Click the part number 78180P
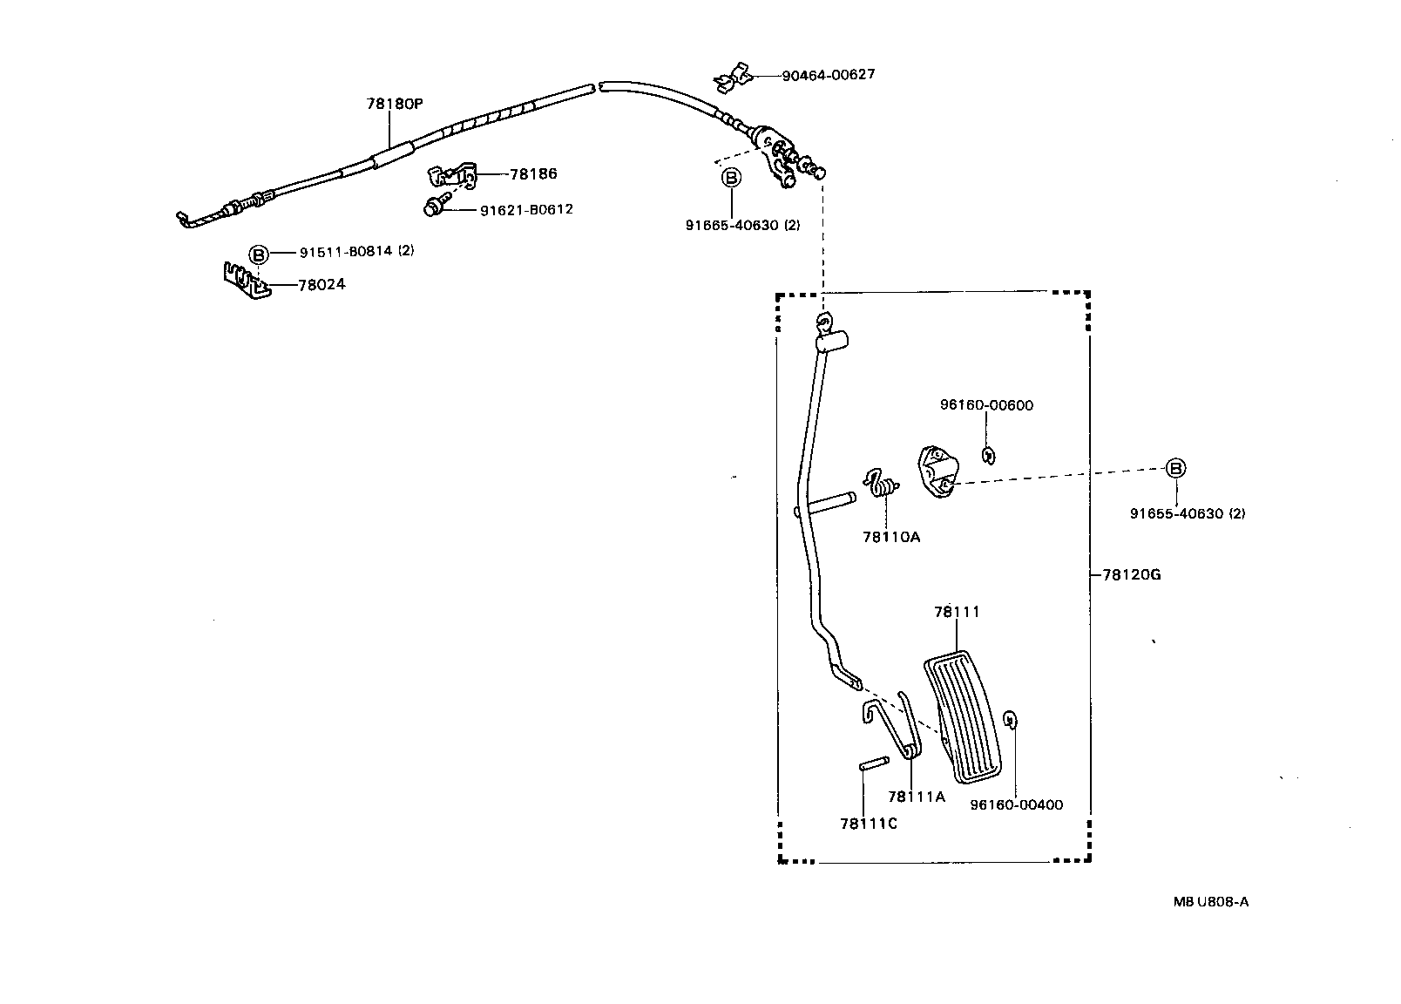tap(394, 104)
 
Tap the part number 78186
tap(533, 173)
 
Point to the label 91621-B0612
tap(526, 209)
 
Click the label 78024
tap(321, 284)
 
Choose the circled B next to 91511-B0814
tap(258, 254)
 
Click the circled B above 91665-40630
tap(731, 178)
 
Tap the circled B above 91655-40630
tap(1175, 468)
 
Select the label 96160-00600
tap(986, 405)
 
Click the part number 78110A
tap(891, 537)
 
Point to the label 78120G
tap(1131, 574)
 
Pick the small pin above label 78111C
tap(872, 763)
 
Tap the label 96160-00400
tap(1016, 805)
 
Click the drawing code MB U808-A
tap(1210, 902)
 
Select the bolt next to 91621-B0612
tap(435, 207)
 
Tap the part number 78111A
tap(916, 797)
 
